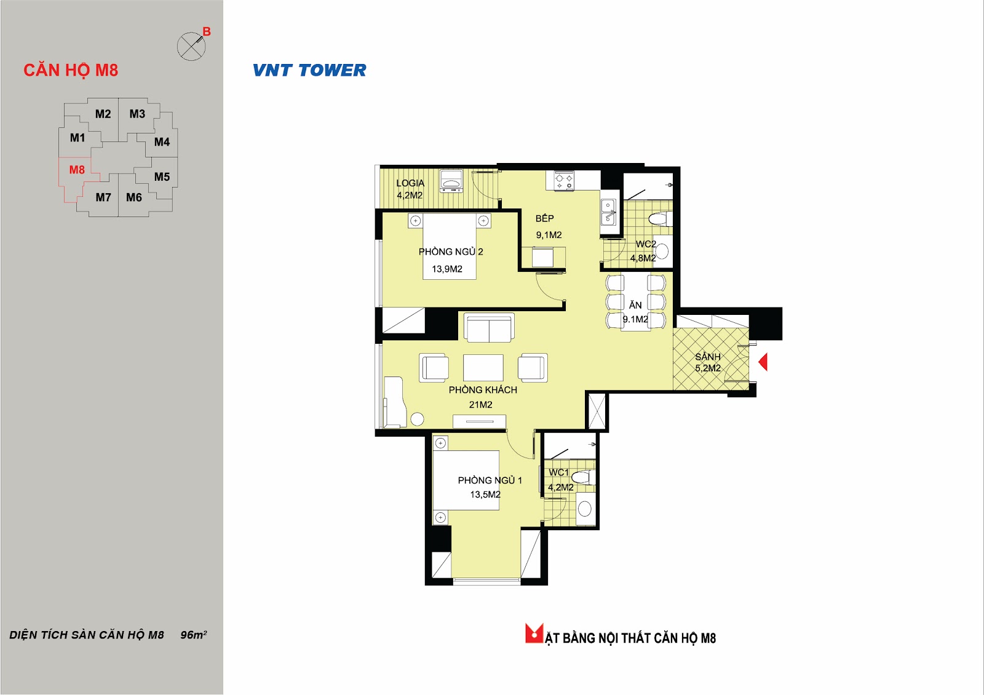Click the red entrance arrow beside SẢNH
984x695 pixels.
pos(763,362)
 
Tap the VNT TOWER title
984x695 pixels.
pos(309,70)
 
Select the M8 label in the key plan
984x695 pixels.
pos(77,170)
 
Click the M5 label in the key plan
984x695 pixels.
pos(162,177)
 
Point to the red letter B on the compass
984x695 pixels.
pos(207,31)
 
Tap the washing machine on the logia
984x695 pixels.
pos(451,181)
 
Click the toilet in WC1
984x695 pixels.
pos(584,477)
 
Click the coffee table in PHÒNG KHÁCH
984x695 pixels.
pos(483,367)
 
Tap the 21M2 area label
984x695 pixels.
pos(480,405)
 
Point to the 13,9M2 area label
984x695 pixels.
pos(447,269)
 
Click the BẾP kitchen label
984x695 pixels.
pos(545,218)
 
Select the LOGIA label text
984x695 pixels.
pos(410,183)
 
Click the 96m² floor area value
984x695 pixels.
pos(194,635)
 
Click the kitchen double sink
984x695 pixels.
pos(608,212)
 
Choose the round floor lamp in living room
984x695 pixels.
pos(417,419)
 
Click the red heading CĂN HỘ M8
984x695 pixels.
pos(71,70)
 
